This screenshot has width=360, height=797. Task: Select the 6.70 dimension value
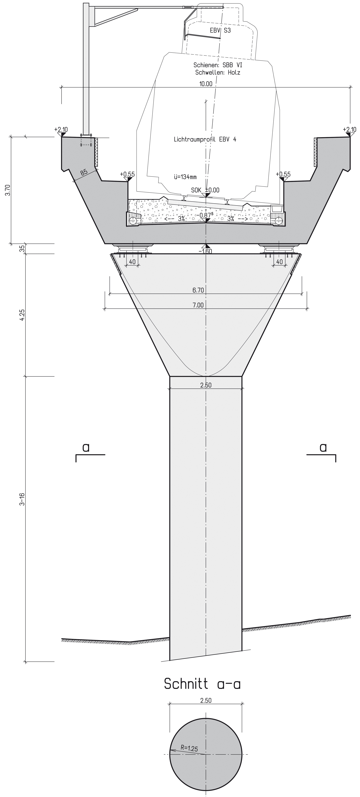198,290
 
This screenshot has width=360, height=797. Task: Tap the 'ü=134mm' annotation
185,177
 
